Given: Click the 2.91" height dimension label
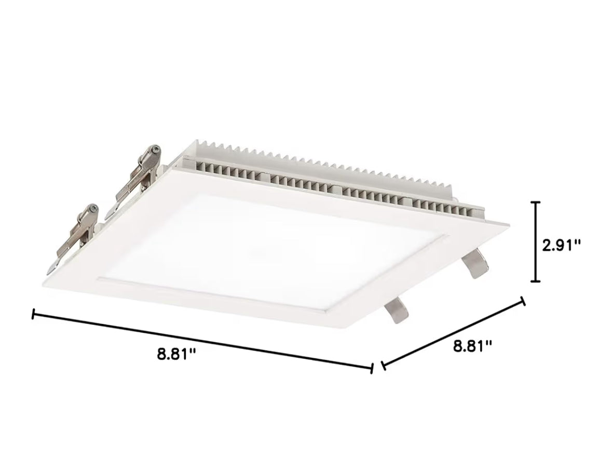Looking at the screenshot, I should coord(561,245).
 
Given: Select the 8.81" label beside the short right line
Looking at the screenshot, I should coord(472,345).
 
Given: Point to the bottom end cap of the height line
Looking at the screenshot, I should coord(535,281).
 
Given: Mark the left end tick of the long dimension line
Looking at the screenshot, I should coord(34,314).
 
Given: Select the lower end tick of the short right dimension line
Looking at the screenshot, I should coord(383,366).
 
